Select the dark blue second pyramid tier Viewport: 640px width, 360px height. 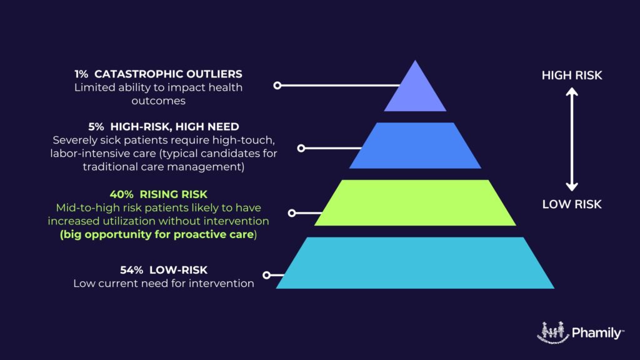(415, 146)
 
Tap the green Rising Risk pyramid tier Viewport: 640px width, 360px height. (415, 202)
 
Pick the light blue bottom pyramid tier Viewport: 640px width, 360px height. (415, 262)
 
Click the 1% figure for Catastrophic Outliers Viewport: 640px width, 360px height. (81, 74)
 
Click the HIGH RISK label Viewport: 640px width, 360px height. (572, 76)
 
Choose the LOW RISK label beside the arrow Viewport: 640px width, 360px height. (572, 204)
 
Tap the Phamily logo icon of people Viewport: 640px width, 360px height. (552, 332)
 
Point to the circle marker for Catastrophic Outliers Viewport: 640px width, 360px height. (277, 85)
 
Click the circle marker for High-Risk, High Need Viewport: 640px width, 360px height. (301, 148)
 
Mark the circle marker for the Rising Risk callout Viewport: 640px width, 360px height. (292, 213)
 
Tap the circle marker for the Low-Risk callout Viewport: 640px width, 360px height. (267, 275)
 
